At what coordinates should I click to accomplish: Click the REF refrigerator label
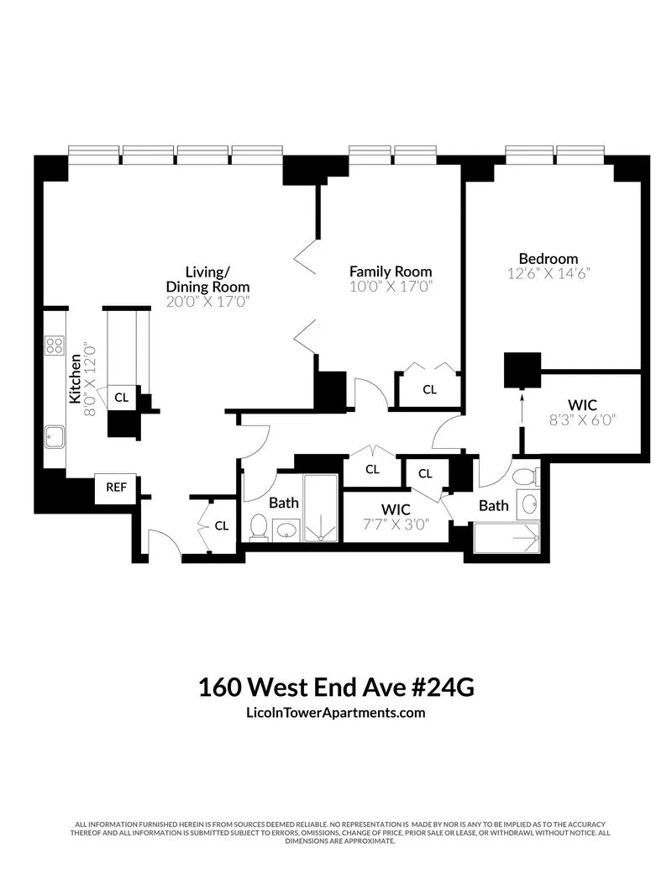115,487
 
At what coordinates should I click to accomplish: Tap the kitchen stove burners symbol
55,345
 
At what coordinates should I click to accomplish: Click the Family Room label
391,271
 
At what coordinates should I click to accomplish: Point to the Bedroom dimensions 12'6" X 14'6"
549,273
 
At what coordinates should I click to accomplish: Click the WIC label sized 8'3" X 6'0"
582,405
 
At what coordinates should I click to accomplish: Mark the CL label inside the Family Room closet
429,389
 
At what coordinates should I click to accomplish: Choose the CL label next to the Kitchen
122,398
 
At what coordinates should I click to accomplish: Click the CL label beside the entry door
222,526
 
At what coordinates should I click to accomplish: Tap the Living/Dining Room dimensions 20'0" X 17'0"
207,301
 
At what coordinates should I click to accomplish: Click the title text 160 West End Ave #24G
336,687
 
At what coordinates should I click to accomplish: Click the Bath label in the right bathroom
493,505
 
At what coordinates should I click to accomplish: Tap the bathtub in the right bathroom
507,537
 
